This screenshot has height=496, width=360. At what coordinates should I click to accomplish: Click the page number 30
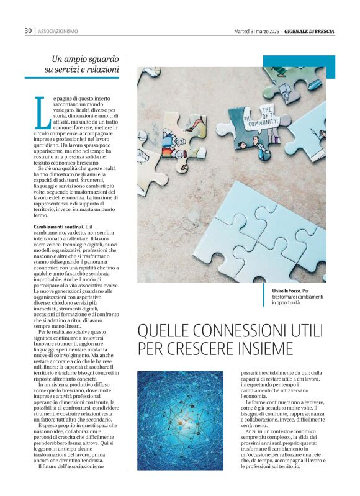(x=28, y=30)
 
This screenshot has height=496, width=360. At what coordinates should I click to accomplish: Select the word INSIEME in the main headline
(x=264, y=348)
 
